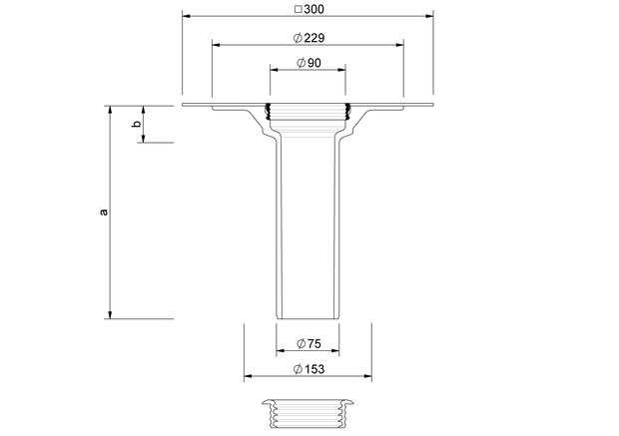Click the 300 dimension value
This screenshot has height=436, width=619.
pyautogui.click(x=313, y=9)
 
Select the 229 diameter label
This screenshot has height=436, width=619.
pyautogui.click(x=314, y=38)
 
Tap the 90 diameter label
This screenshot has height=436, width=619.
pyautogui.click(x=314, y=63)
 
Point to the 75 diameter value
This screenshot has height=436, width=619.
pyautogui.click(x=314, y=343)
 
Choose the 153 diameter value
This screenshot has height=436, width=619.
pyautogui.click(x=314, y=369)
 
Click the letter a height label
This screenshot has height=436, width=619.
pyautogui.click(x=104, y=212)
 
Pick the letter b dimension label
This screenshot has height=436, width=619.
pyautogui.click(x=137, y=124)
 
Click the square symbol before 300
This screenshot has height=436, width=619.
pyautogui.click(x=299, y=9)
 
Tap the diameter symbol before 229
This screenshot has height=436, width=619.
pyautogui.click(x=299, y=38)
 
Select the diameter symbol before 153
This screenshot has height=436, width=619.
pyautogui.click(x=299, y=369)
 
